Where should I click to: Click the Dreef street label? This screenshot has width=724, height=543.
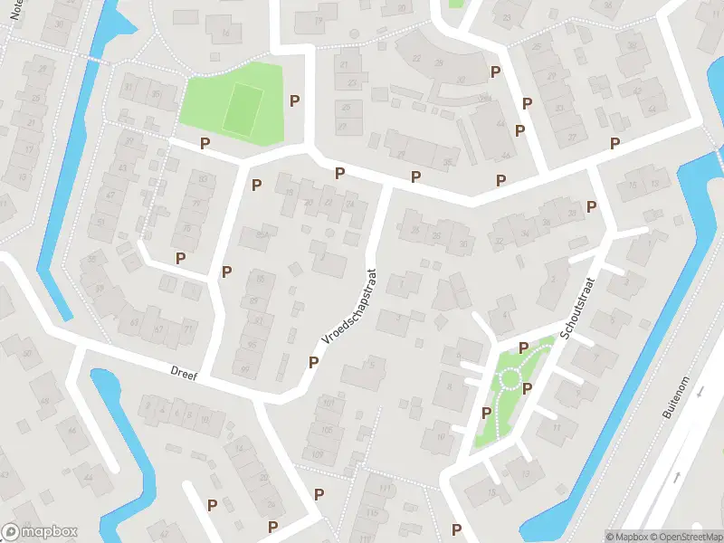[184, 371]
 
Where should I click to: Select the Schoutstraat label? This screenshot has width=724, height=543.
[577, 309]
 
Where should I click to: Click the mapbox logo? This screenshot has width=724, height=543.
[40, 532]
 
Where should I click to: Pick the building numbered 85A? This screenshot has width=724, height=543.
[263, 235]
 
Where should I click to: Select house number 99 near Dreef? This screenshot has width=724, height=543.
[244, 369]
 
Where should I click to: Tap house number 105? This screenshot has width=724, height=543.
[327, 430]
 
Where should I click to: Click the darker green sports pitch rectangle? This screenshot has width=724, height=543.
[242, 109]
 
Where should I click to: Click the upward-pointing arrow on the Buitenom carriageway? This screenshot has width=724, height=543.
[678, 477]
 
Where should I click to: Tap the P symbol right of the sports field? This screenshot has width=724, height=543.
[294, 100]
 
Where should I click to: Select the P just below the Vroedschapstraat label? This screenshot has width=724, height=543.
[313, 362]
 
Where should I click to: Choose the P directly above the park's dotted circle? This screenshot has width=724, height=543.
[523, 348]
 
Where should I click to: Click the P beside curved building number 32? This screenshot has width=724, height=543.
[495, 71]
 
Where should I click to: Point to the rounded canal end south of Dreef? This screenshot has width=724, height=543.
[101, 378]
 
